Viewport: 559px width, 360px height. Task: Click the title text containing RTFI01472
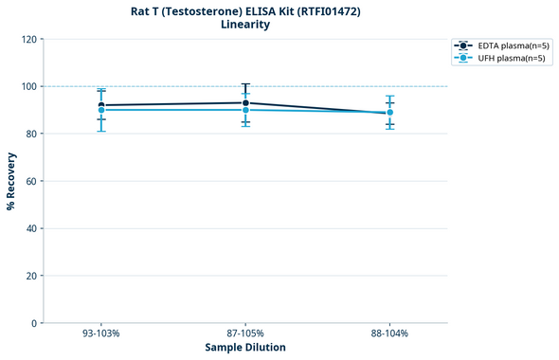pyautogui.click(x=245, y=11)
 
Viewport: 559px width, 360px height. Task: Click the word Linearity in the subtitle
pyautogui.click(x=245, y=25)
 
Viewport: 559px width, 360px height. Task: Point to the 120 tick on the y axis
pyautogui.click(x=28, y=39)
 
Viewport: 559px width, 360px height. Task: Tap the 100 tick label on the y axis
pyautogui.click(x=28, y=86)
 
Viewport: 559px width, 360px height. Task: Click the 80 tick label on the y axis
pyautogui.click(x=31, y=134)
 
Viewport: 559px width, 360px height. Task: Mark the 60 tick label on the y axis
pyautogui.click(x=31, y=181)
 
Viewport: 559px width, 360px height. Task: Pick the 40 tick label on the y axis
pyautogui.click(x=31, y=228)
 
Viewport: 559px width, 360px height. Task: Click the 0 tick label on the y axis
pyautogui.click(x=34, y=323)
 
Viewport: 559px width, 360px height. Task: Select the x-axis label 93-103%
pyautogui.click(x=101, y=334)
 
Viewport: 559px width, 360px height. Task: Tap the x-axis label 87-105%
pyautogui.click(x=245, y=334)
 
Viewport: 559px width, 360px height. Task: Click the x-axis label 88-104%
pyautogui.click(x=389, y=334)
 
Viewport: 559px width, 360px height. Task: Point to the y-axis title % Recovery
pyautogui.click(x=11, y=181)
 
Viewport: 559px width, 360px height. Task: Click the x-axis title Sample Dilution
pyautogui.click(x=245, y=348)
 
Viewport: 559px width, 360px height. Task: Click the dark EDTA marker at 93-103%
pyautogui.click(x=101, y=105)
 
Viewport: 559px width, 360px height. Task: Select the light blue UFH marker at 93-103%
pyautogui.click(x=101, y=110)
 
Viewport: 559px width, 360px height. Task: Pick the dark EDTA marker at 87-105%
pyautogui.click(x=245, y=102)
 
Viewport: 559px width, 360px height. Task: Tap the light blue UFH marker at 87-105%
pyautogui.click(x=245, y=110)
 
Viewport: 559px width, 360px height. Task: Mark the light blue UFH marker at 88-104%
pyautogui.click(x=389, y=113)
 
